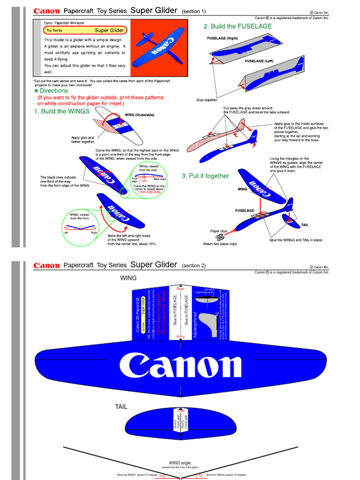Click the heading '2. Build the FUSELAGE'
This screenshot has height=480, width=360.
pyautogui.click(x=238, y=26)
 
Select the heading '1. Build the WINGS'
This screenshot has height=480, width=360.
pyautogui.click(x=61, y=112)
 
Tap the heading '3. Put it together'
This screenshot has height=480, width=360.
pyautogui.click(x=205, y=176)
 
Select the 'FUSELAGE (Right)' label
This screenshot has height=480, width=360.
pyautogui.click(x=223, y=38)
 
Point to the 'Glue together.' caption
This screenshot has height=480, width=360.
pyautogui.click(x=207, y=100)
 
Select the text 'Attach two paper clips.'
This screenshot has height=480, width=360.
pyautogui.click(x=220, y=244)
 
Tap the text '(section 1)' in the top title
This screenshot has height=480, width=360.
pyautogui.click(x=194, y=11)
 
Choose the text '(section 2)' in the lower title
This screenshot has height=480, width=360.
pyautogui.click(x=194, y=266)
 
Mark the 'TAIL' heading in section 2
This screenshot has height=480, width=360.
pyautogui.click(x=121, y=407)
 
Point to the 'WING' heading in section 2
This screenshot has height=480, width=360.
pyautogui.click(x=128, y=278)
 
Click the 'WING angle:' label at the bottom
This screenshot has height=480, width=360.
pyautogui.click(x=180, y=462)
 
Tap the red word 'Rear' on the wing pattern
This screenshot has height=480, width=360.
pyautogui.click(x=180, y=289)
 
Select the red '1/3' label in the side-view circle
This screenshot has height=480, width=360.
pyautogui.click(x=144, y=180)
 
